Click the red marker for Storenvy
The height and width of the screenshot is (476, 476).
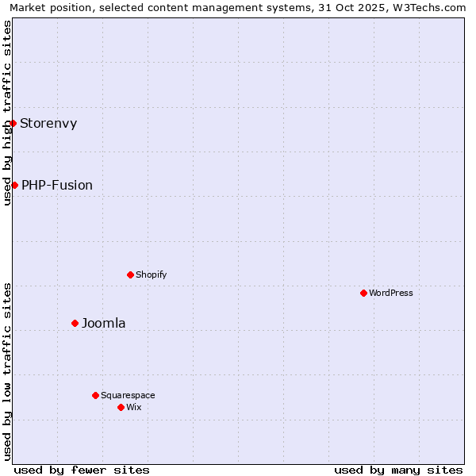point(13,123)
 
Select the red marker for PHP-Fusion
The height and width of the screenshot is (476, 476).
point(14,185)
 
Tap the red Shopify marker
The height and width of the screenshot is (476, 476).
point(130,274)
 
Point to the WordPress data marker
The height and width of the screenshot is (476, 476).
point(363,293)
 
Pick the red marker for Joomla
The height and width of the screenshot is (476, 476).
point(75,323)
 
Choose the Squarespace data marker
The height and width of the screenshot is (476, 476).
point(95,395)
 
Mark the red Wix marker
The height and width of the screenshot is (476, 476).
point(121,407)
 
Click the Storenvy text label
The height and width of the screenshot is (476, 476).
point(48,123)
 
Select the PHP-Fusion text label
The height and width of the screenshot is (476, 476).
point(57,185)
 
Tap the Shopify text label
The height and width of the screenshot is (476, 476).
point(151,274)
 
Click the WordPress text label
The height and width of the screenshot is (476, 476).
point(391,293)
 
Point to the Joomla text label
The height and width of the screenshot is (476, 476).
point(104,323)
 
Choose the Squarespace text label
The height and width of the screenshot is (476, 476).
point(128,395)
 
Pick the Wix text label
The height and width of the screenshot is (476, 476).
point(134,407)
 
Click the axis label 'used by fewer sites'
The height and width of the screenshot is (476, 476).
point(82,470)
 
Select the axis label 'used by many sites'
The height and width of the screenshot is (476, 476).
point(398,470)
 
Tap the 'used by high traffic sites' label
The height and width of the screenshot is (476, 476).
point(7,113)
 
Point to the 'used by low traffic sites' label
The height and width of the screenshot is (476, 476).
point(7,371)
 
